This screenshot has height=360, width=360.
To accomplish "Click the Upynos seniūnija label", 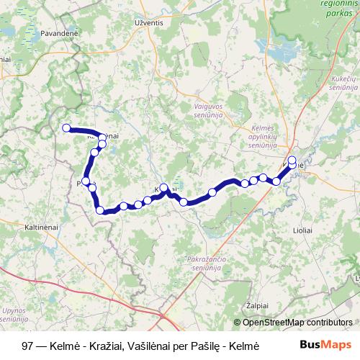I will [14, 312].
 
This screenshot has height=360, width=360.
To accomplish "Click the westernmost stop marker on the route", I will [66, 128].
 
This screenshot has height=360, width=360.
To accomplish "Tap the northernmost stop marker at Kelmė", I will [292, 160].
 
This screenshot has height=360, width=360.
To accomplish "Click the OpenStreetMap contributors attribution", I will [297, 323].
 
